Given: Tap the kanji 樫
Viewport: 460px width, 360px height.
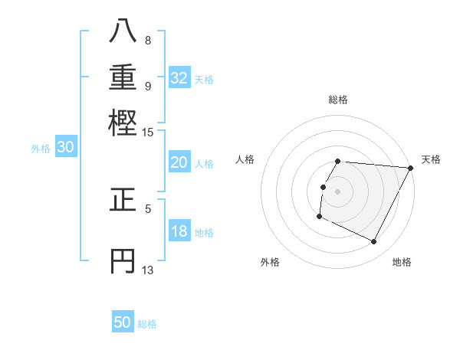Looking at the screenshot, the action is click(x=123, y=122).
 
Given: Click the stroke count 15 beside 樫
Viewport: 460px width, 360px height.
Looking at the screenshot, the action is click(x=148, y=133).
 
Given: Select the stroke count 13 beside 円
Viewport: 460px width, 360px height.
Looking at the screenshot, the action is click(x=148, y=270).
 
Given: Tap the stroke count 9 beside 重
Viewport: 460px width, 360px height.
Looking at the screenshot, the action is click(x=148, y=85).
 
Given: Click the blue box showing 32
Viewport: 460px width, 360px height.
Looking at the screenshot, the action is click(x=179, y=78).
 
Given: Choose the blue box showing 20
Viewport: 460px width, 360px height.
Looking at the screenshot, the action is click(x=179, y=162).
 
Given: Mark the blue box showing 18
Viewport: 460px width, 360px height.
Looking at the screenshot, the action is click(x=179, y=231).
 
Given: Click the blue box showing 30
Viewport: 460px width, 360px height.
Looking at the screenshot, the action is click(x=65, y=148).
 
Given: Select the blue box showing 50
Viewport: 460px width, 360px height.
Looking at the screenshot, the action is click(x=123, y=322).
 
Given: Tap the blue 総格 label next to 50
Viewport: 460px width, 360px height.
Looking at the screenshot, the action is click(x=147, y=324).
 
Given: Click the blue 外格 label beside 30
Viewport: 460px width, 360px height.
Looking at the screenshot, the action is click(x=41, y=149).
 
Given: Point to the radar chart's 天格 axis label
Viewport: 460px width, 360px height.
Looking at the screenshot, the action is click(x=431, y=159).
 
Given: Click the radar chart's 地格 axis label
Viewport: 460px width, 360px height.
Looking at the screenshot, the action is click(x=402, y=262).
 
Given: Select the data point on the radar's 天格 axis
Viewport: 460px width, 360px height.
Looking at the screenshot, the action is click(x=411, y=168).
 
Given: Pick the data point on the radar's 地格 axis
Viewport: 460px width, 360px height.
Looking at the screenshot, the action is click(x=374, y=242).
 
